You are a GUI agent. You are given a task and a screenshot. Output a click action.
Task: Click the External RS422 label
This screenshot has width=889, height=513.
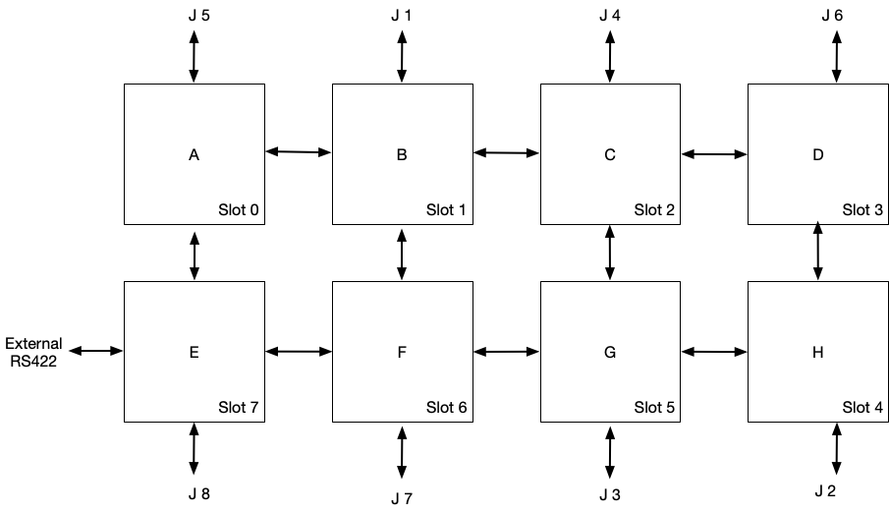pos(33,353)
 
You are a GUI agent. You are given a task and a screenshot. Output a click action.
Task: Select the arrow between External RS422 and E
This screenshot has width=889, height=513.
pos(95,351)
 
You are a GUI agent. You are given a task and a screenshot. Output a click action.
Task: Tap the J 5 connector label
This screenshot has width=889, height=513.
pos(199,16)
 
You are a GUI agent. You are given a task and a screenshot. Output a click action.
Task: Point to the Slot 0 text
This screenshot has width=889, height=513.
pos(238,210)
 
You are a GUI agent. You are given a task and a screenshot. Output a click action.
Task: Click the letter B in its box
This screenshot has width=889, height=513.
pos(402,155)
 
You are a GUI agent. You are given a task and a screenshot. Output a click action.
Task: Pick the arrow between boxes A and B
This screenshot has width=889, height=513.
pos(299,151)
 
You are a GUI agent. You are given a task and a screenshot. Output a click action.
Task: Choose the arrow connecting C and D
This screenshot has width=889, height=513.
pos(714,153)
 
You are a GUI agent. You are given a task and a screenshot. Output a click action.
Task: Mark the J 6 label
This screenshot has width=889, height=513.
pos(832,16)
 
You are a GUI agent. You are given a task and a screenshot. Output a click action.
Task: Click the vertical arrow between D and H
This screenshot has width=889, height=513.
pos(817,251)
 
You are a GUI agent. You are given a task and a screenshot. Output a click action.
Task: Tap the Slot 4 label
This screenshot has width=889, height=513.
pos(862,408)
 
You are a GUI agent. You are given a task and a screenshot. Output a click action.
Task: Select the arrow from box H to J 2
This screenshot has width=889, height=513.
pos(836,449)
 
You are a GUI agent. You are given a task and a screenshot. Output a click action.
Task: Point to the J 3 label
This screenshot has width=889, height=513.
pos(610,495)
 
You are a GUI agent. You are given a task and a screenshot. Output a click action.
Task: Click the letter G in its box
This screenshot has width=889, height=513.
pos(609,353)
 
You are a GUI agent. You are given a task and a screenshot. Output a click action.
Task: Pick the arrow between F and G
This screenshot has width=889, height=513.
pos(506,352)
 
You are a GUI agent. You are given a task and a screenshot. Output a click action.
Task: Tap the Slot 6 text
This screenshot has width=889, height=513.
pos(446,408)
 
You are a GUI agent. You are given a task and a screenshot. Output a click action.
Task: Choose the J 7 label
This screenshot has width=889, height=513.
pos(402,499)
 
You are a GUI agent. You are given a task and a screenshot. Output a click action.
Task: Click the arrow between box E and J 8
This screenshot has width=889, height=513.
pos(194,449)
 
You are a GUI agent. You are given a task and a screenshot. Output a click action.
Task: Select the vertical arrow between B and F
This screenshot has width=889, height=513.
pos(402,255)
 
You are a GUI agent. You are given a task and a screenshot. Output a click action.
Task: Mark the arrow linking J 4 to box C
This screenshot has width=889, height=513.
pos(610,56)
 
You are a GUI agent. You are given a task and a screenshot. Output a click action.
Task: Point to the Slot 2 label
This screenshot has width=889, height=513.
pos(654,210)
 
